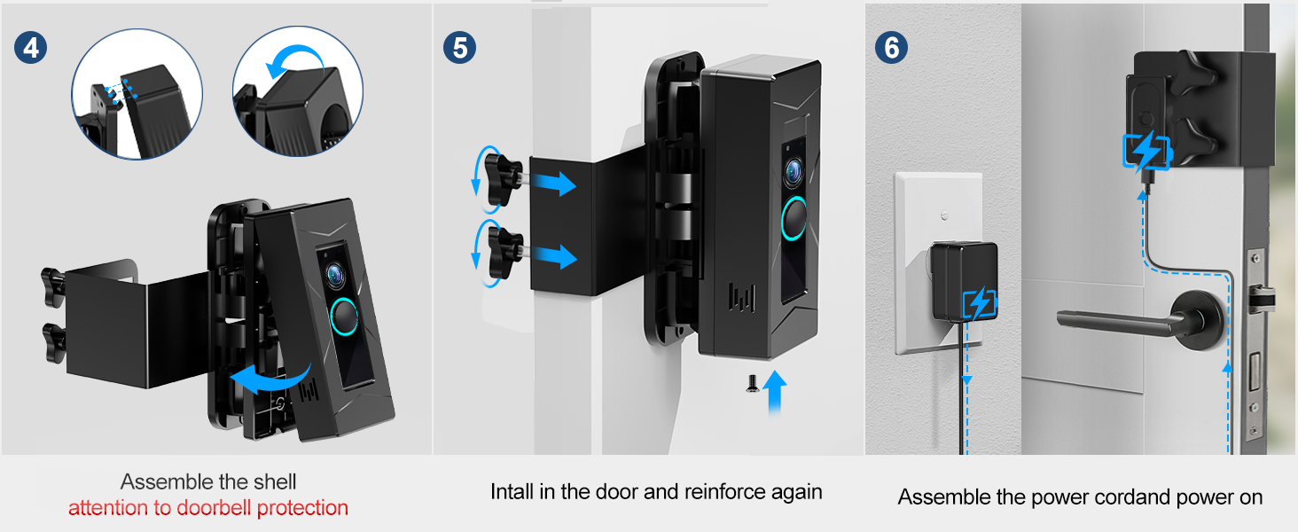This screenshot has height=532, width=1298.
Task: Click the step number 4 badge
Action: (x=31, y=48)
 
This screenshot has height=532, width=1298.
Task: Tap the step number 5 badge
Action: (x=459, y=48)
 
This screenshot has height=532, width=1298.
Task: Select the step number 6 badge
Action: (x=891, y=48)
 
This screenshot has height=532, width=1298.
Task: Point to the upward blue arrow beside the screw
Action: (x=775, y=393)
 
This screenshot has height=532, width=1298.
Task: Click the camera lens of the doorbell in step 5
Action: (x=794, y=171)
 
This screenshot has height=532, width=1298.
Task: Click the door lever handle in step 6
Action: (x=1136, y=322)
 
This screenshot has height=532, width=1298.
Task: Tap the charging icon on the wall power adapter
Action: (x=980, y=303)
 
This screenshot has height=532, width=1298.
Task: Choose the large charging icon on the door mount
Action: (x=1147, y=152)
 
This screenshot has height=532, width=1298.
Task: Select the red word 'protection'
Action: (x=302, y=508)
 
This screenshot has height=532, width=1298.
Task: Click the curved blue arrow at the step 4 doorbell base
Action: (x=270, y=379)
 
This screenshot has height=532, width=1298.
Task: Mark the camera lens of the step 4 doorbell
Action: (x=335, y=275)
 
